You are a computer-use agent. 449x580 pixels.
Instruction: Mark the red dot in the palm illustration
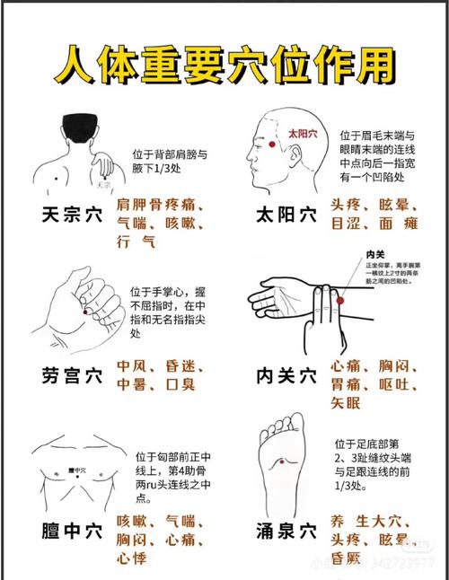[x=88, y=311]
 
